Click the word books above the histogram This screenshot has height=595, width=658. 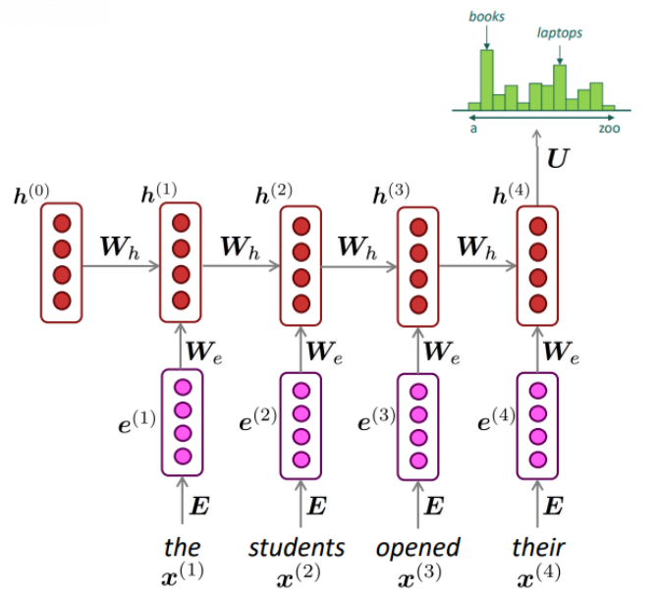(x=486, y=17)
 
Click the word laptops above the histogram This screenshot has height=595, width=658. (x=560, y=33)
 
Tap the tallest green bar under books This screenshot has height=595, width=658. (x=487, y=80)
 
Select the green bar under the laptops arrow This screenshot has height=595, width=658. (x=560, y=87)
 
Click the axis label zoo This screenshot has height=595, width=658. (x=609, y=128)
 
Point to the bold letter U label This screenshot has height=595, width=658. (x=558, y=159)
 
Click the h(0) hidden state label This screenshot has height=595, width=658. (x=31, y=193)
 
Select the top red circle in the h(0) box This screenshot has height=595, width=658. (x=62, y=223)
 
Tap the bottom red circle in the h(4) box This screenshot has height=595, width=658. (x=538, y=303)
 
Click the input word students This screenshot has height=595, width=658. (x=297, y=548)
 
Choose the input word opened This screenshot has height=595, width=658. (x=418, y=548)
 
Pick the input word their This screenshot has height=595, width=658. (x=538, y=547)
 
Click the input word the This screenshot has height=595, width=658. (x=182, y=547)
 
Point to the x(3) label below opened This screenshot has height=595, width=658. (x=419, y=574)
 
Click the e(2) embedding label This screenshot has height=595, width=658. (x=257, y=419)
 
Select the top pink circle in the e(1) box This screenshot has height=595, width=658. (x=183, y=387)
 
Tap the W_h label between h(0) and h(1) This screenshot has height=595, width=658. (x=120, y=247)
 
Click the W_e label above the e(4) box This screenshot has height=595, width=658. (x=562, y=352)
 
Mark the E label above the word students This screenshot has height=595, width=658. (x=317, y=506)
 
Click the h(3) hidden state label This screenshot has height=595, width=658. (x=391, y=193)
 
